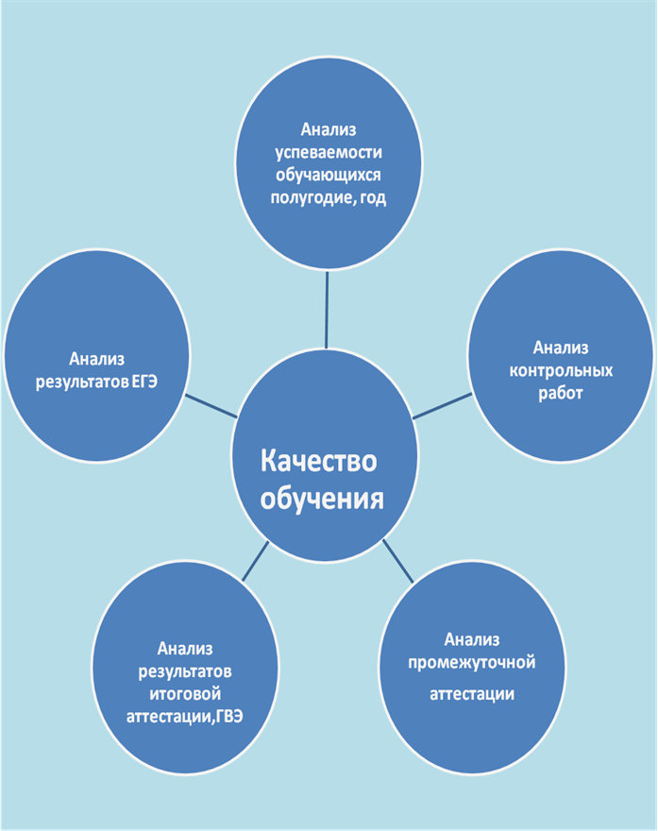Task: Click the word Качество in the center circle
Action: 318,461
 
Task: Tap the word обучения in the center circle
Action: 322,499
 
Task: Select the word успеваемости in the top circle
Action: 329,153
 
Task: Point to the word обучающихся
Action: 328,176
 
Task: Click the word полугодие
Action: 312,198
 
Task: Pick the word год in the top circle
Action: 373,197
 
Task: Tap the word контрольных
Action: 561,371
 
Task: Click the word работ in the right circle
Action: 561,394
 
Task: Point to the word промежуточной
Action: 471,663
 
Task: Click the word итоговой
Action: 185,694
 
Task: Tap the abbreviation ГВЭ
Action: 229,717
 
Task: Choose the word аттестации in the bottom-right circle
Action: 471,694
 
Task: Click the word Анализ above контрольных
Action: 561,348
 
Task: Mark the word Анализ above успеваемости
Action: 329,130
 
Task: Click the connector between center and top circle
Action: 327,310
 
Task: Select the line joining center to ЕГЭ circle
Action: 211,405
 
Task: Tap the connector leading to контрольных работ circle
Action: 442,406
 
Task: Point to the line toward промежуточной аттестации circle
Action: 397,561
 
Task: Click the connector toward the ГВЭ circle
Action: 255,561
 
